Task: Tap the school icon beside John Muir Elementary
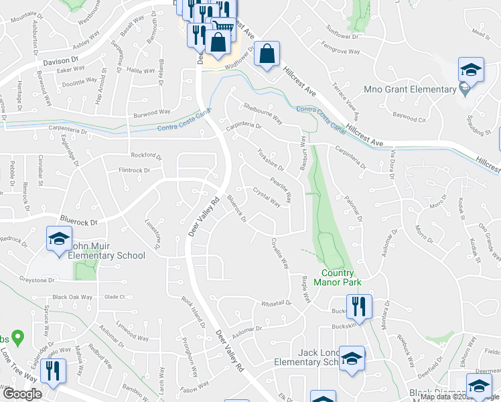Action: (x=59, y=239)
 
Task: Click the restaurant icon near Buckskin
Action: (x=360, y=307)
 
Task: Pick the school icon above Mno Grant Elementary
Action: (x=471, y=69)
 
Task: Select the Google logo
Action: (x=22, y=394)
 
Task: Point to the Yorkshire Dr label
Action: (x=271, y=159)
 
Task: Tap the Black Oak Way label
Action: (x=72, y=297)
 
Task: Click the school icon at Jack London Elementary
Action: (x=351, y=358)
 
